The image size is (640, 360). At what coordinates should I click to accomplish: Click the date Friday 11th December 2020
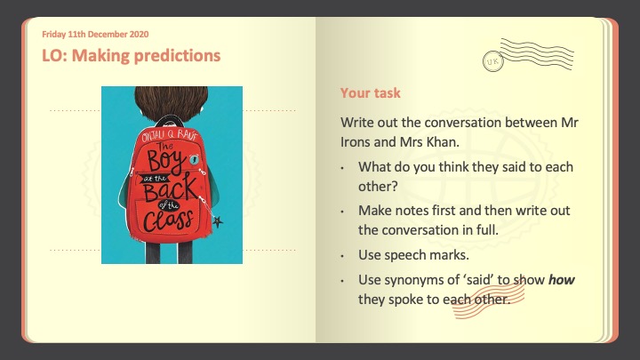click(x=95, y=35)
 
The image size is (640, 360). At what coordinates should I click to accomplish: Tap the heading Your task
click(x=370, y=93)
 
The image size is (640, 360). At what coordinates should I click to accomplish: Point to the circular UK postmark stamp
click(x=492, y=61)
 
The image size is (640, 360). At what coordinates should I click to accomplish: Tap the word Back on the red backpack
click(x=170, y=188)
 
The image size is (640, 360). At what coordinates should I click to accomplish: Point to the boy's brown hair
click(x=171, y=102)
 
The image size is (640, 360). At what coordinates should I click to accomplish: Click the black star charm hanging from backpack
click(x=218, y=221)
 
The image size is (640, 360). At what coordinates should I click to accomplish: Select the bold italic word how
click(x=561, y=280)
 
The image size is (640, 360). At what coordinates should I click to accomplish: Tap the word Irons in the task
click(x=356, y=142)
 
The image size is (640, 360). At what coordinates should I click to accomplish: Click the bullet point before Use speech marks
click(x=342, y=256)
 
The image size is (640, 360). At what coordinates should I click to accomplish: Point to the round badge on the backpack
click(x=195, y=160)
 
